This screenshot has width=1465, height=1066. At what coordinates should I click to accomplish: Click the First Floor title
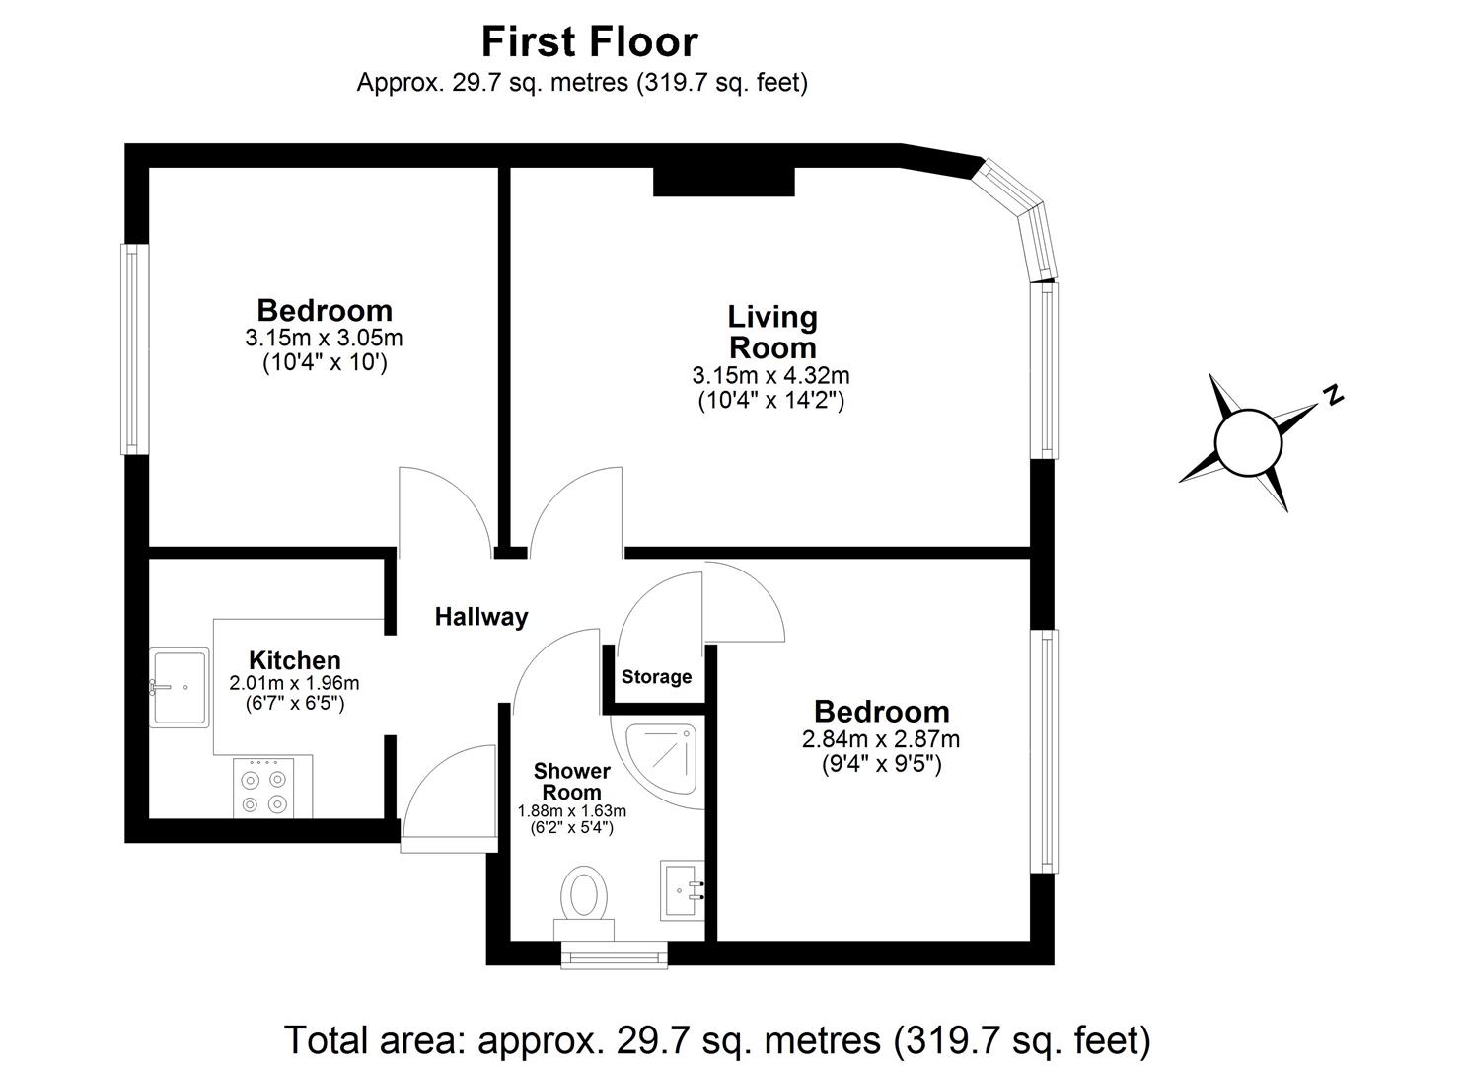pos(589,42)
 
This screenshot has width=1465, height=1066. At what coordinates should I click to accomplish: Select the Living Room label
pos(771,332)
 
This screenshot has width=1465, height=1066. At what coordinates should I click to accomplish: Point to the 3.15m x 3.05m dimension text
pos(324,338)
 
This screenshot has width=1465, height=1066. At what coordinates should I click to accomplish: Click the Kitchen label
pos(294,660)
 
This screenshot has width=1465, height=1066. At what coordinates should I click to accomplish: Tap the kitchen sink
pos(180,687)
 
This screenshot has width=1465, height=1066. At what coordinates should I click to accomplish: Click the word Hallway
pos(481,617)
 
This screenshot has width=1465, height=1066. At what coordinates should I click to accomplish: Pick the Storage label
pos(656,677)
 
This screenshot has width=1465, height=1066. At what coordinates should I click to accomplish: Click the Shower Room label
pos(572,781)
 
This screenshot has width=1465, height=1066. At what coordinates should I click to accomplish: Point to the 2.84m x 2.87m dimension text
pos(881,739)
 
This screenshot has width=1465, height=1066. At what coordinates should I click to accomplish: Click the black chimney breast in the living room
pos(723,182)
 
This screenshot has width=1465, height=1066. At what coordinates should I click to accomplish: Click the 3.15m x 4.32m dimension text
pos(770,376)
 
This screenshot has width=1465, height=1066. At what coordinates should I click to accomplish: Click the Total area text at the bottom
pos(717,1039)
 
